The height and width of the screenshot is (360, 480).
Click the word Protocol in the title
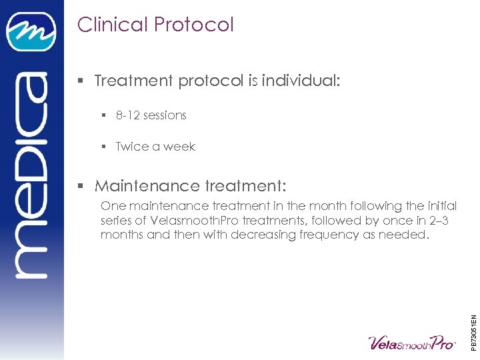tap(194, 25)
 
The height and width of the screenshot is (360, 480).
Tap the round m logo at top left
tap(31, 31)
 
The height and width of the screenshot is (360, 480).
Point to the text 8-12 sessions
tap(151, 115)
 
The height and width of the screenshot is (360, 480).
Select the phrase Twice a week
tap(155, 147)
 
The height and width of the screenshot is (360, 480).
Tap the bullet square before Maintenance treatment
tap(81, 186)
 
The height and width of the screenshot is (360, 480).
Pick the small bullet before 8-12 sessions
tap(104, 115)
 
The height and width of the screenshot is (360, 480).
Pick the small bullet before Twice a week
tap(104, 147)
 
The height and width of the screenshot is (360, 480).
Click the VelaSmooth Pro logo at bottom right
tap(411, 342)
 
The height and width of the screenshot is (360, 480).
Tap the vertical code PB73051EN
tap(473, 323)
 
